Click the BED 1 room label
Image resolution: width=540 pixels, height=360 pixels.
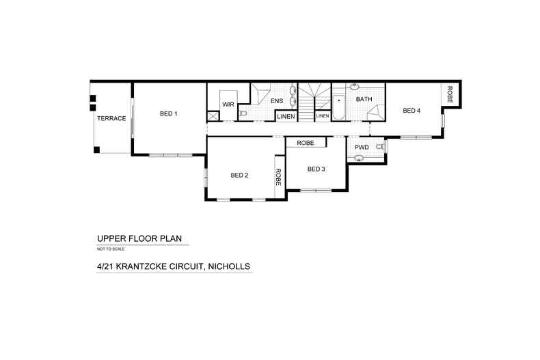[x=168, y=113]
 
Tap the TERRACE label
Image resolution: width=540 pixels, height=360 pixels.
[x=111, y=118]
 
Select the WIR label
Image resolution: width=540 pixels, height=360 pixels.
[x=228, y=105]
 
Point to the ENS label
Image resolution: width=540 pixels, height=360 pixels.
[x=277, y=101]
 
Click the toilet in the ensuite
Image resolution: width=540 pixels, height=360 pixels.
[x=243, y=113]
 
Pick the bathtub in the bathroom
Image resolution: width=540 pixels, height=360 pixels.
[x=338, y=108]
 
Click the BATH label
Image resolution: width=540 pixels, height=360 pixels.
[x=364, y=99]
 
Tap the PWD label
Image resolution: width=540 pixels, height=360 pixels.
[x=362, y=148]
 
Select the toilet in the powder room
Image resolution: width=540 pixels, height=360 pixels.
[x=380, y=147]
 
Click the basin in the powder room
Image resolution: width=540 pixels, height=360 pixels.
[x=358, y=158]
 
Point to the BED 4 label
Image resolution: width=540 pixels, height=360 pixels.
[x=411, y=111]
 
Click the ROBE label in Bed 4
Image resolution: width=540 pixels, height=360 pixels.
[x=450, y=94]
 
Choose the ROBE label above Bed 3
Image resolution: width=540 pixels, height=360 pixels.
[x=306, y=143]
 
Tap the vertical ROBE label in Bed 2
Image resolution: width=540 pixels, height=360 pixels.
[x=278, y=177]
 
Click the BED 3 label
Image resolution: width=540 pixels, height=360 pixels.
[x=316, y=169]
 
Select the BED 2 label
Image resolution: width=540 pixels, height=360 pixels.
[x=239, y=175]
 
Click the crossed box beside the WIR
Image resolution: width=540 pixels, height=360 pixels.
[x=213, y=116]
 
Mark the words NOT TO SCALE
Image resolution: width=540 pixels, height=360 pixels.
[x=111, y=249]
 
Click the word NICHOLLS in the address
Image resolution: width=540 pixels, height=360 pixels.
[x=230, y=266]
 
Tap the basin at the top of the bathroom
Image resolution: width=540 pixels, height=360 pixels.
[x=353, y=85]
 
